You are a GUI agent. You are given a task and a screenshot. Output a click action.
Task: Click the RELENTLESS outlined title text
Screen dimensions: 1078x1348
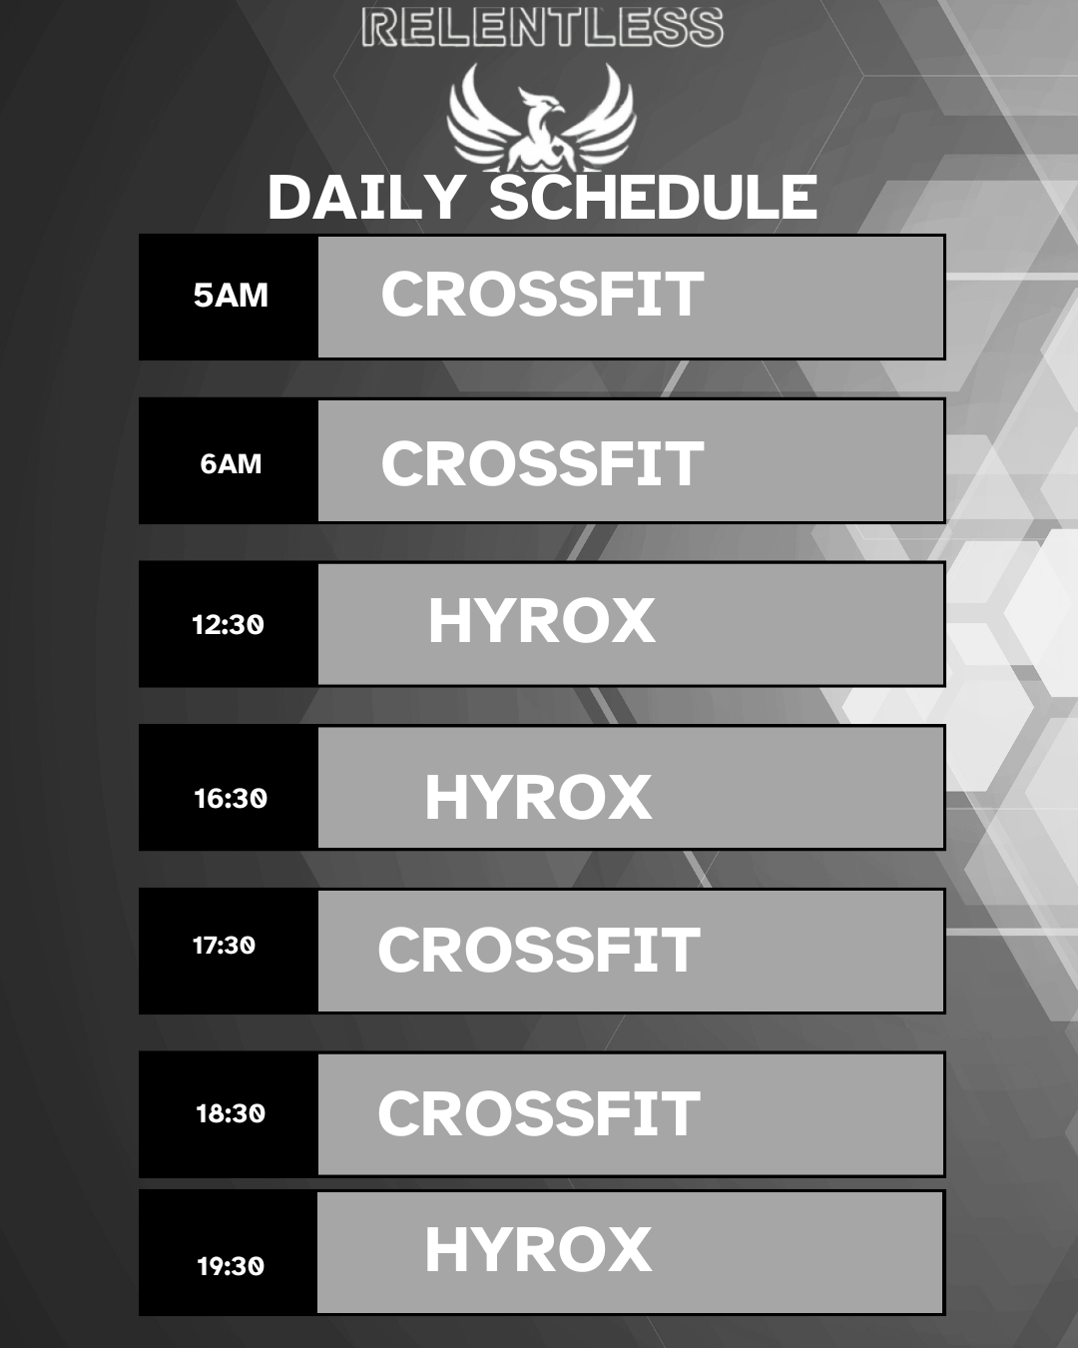[x=542, y=28]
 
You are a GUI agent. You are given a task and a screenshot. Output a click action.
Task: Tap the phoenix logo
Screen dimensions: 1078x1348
[x=542, y=118]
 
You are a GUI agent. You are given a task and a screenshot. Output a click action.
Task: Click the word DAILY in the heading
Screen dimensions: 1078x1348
[x=366, y=198]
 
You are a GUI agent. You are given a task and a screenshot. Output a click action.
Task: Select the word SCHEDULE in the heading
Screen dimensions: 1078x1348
[x=654, y=198]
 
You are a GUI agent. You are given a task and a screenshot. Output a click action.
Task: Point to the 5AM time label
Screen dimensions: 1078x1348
[x=231, y=295]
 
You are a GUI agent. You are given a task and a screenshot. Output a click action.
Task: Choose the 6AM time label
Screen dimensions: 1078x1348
[x=231, y=464]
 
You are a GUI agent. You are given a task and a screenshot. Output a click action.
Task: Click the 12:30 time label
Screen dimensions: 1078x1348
[x=228, y=624]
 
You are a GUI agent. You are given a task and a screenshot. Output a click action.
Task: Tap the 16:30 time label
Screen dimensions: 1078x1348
[x=231, y=798]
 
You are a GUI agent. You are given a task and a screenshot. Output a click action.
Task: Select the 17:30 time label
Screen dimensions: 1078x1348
[x=224, y=946]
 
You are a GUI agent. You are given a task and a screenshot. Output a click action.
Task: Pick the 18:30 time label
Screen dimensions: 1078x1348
[x=231, y=1113]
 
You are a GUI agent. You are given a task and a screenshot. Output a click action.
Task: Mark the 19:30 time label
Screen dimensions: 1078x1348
[x=231, y=1266]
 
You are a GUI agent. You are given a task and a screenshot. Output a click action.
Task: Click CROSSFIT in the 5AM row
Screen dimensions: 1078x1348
[x=542, y=294]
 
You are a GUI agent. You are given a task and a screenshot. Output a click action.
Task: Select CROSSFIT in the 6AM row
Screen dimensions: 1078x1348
[x=542, y=463]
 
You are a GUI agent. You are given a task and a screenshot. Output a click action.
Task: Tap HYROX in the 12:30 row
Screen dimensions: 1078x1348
[x=542, y=621]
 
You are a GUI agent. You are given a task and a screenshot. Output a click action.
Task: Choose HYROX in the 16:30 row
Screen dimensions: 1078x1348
[x=539, y=797]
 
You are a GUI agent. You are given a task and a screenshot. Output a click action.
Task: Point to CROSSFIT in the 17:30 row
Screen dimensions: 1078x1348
[x=539, y=951]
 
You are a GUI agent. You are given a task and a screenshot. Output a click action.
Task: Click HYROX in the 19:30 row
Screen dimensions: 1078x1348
[x=539, y=1250]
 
